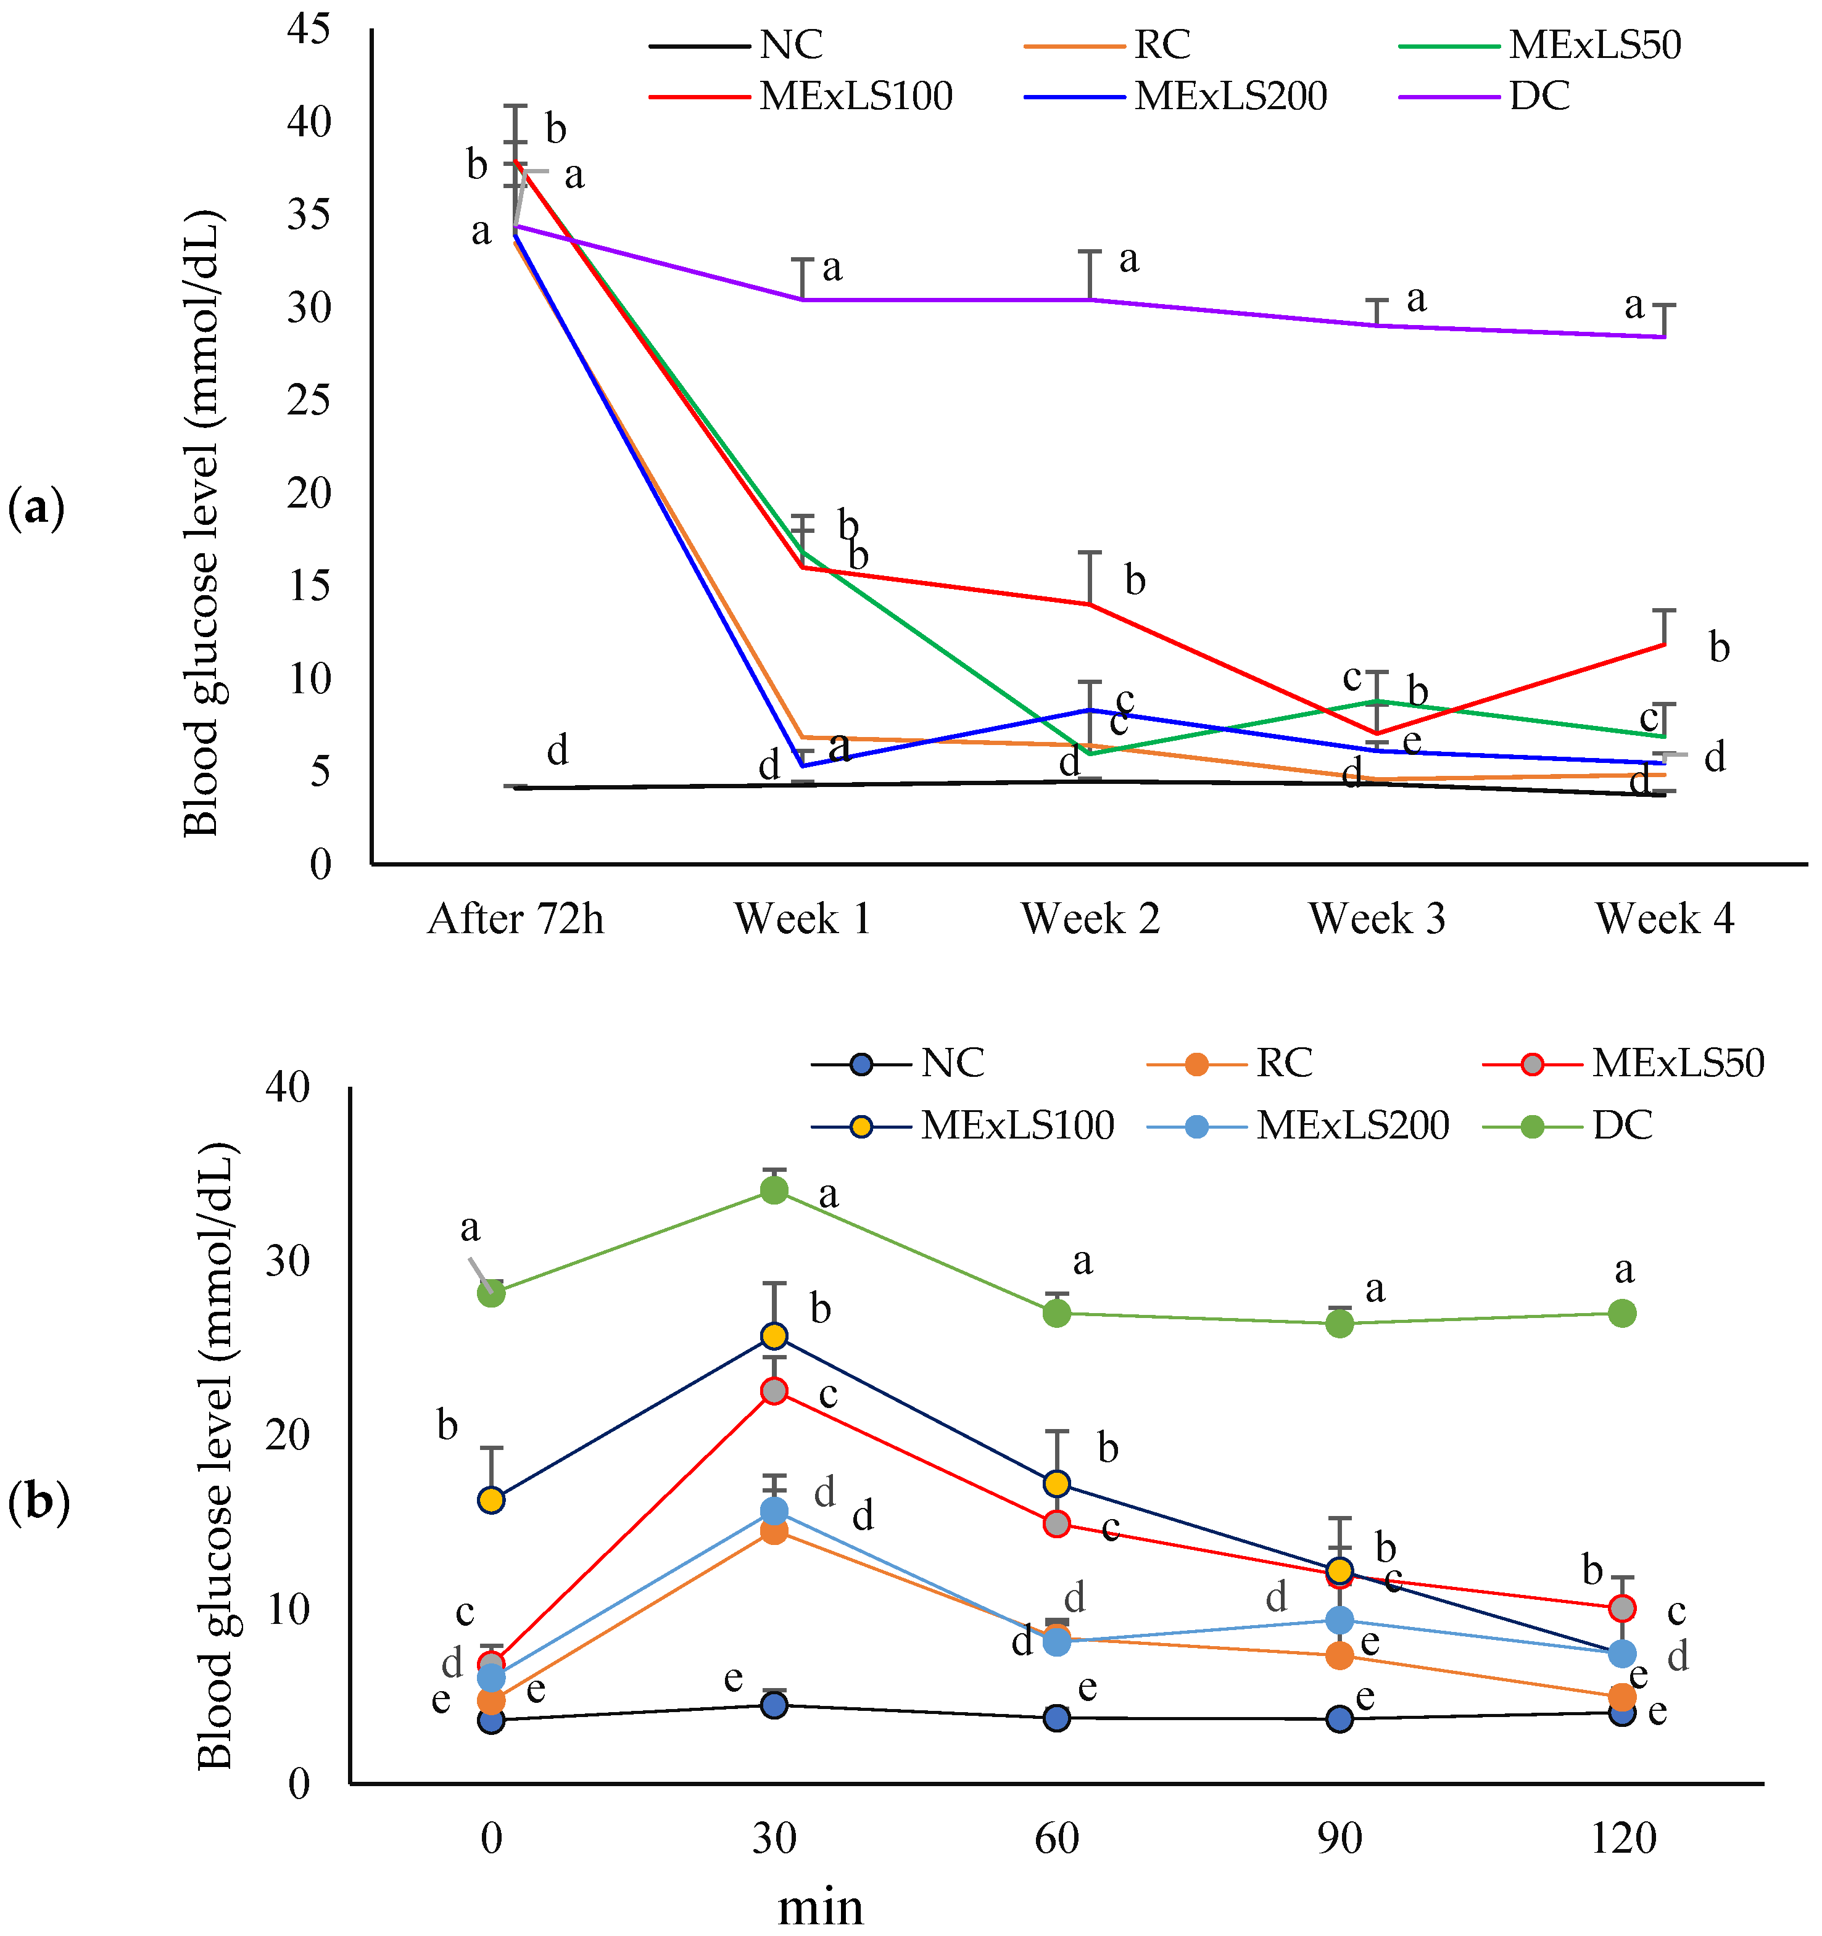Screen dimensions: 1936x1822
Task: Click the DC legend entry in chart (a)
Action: point(1539,96)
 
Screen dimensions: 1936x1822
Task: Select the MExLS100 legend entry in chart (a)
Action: point(855,96)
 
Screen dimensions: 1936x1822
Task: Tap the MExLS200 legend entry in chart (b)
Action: point(1352,1126)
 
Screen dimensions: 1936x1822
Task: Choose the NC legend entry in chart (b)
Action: point(952,1063)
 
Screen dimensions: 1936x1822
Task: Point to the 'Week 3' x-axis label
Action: point(1376,918)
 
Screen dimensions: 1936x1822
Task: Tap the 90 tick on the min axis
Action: point(1340,1839)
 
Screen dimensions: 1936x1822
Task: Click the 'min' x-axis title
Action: point(821,1907)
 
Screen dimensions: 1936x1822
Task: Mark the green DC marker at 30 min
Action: point(774,1190)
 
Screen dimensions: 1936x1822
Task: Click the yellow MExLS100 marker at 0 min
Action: point(491,1500)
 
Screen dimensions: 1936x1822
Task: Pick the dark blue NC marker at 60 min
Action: point(1057,1718)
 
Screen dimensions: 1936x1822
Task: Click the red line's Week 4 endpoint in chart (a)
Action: point(1664,644)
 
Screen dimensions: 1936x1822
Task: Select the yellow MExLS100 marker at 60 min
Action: point(1057,1483)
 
